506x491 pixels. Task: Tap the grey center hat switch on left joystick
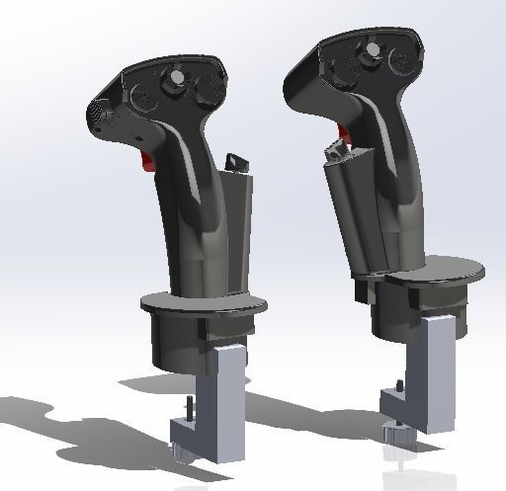(x=175, y=78)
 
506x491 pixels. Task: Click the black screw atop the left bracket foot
(x=185, y=407)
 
